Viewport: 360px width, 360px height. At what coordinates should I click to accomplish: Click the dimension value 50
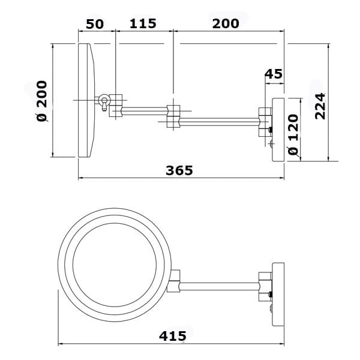[95, 24]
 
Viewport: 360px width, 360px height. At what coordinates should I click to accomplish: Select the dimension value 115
[143, 24]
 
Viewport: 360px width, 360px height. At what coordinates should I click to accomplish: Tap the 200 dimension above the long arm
[225, 24]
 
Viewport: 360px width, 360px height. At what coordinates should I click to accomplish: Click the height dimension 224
[320, 106]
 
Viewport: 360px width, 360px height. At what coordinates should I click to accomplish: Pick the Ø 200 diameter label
[42, 102]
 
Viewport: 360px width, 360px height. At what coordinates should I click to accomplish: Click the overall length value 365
[179, 170]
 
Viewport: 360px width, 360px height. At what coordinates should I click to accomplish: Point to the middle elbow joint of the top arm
[173, 116]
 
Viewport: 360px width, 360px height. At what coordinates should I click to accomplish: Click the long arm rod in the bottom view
[218, 282]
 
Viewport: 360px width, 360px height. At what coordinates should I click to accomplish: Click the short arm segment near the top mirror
[144, 109]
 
